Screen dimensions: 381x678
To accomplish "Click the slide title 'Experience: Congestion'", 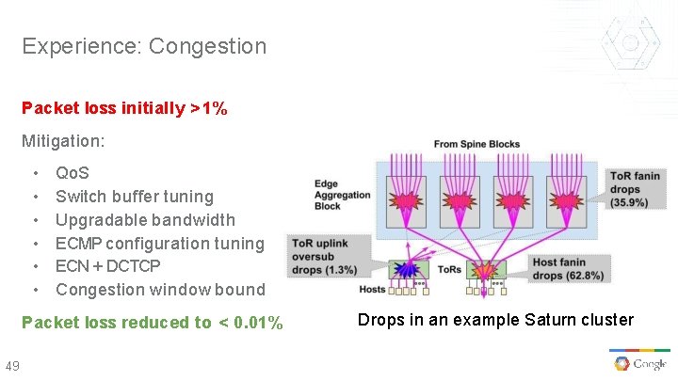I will tap(144, 45).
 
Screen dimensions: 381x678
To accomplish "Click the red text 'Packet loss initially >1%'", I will tap(124, 108).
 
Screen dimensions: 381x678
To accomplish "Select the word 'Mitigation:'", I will tap(64, 142).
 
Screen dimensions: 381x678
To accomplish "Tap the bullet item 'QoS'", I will tap(73, 173).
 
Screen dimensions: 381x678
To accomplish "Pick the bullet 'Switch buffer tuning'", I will tap(134, 197).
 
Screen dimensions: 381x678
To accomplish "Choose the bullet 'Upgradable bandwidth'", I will tap(145, 220).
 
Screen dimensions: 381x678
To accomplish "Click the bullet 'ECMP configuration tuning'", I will tap(160, 243).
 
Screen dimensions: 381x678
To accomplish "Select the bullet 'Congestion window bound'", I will tap(160, 290).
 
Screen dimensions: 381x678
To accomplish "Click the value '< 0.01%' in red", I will tap(250, 323).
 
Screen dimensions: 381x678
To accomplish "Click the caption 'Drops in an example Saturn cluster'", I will tap(495, 320).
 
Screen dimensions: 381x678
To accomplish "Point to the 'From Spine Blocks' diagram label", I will tap(476, 144).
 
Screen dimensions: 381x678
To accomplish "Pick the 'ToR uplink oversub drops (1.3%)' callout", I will tap(326, 255).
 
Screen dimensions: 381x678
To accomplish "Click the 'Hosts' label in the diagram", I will tap(372, 289).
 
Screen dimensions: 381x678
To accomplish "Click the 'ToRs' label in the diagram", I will tap(449, 269).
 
